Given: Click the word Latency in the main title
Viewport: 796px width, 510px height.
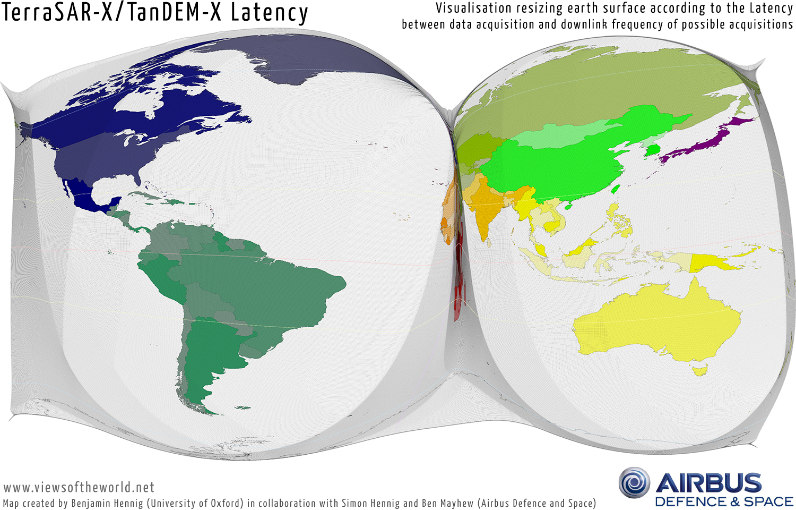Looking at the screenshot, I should tap(269, 13).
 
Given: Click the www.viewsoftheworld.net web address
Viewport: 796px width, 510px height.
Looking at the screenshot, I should tap(79, 487).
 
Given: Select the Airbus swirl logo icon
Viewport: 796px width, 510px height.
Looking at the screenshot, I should tap(634, 483).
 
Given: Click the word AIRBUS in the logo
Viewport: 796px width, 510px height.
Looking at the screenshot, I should tap(708, 483).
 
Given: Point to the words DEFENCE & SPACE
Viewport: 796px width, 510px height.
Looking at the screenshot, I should tap(724, 502).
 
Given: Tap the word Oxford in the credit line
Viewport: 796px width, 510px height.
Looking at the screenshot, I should tap(226, 503).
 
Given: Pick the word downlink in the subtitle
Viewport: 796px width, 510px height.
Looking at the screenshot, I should tap(583, 24).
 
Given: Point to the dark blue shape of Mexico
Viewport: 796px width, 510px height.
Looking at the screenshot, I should tap(85, 197).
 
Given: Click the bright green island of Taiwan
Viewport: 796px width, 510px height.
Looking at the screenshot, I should tap(616, 189).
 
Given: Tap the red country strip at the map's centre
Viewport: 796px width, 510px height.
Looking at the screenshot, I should tap(458, 287).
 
